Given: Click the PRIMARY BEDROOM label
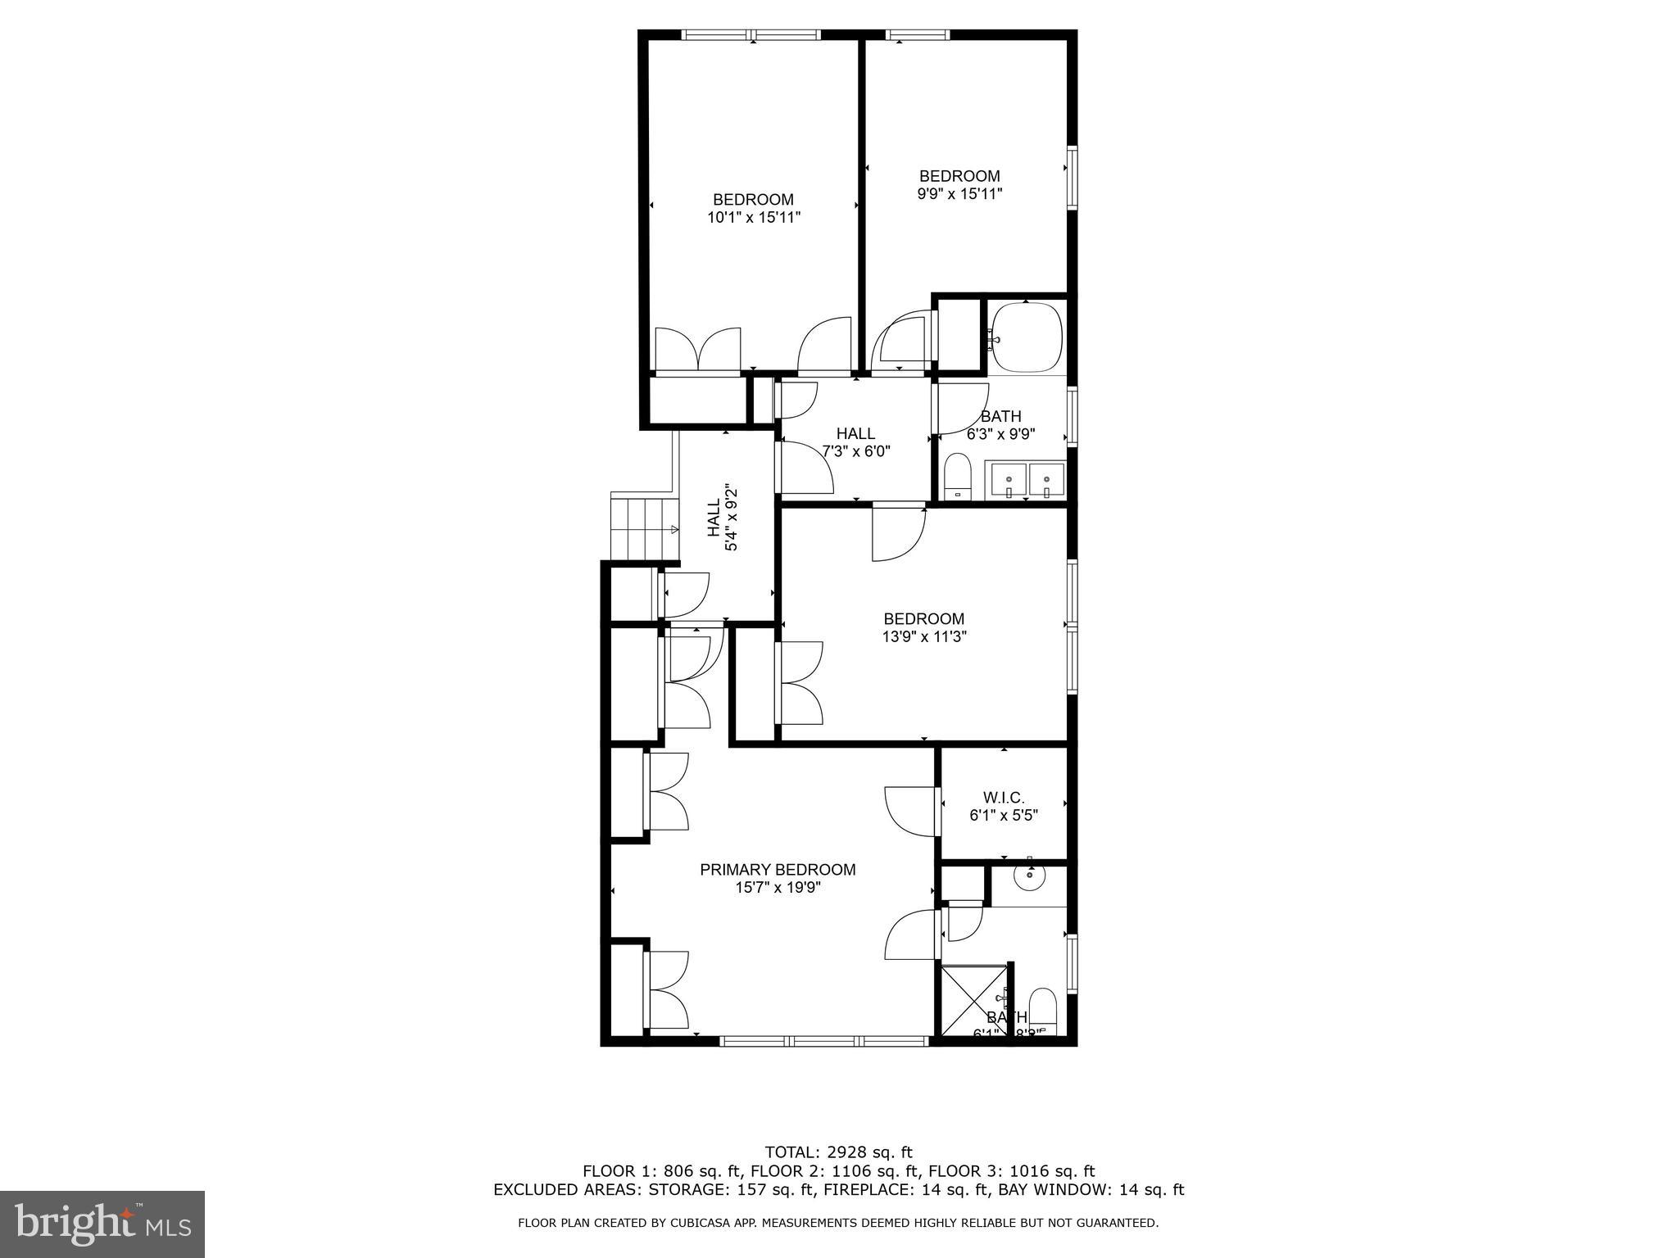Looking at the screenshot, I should pos(778,870).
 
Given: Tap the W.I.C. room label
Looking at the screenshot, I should pos(1003,797).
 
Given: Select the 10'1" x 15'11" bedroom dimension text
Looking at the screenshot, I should pos(753,218).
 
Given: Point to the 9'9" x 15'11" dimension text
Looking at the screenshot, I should pos(959,194).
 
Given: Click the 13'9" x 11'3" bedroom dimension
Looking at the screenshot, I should pos(923,637).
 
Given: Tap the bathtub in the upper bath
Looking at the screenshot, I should pos(1026,337).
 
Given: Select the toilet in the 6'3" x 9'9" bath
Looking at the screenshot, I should pos(957,477).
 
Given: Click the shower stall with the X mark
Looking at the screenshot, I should pos(973,1003).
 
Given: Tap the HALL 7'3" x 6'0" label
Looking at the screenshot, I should pos(855,442).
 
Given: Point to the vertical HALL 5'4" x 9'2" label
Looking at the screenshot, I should pos(723,519).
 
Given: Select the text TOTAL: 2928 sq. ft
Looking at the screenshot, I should pos(838,1153).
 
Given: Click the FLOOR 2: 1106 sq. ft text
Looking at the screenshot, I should pos(838,1172).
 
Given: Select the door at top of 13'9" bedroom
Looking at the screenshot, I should pos(898,532).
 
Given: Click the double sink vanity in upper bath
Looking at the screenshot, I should pos(1027,480).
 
